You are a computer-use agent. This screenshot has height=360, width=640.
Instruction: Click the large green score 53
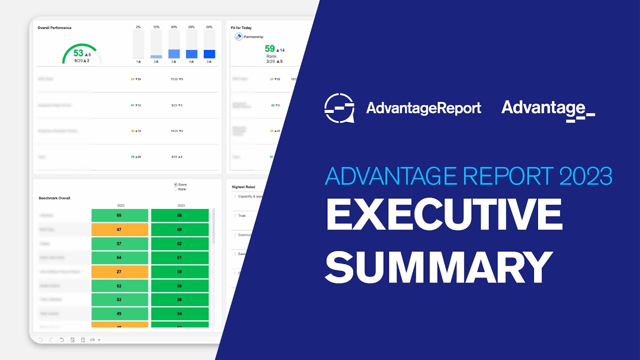point(78,53)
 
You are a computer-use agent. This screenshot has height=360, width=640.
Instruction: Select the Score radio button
point(175,184)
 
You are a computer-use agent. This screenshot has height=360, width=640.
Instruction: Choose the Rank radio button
point(175,189)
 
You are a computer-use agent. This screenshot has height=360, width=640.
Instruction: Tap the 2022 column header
point(120,205)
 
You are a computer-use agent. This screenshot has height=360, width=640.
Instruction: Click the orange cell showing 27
point(120,271)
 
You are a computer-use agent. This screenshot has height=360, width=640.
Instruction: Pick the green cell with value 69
point(120,215)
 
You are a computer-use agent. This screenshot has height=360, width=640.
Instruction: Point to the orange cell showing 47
point(120,229)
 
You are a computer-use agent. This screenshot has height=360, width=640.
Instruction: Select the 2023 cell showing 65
point(179,229)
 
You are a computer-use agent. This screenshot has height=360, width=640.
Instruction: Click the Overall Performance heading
point(54,28)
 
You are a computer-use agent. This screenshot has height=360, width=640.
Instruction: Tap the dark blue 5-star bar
point(209,54)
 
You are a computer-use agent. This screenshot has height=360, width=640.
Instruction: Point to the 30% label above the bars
point(174,26)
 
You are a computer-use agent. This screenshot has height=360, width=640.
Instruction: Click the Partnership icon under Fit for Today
point(239,37)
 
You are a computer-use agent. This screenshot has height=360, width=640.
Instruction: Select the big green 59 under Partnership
point(270,48)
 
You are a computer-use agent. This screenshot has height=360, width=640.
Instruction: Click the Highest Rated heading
point(243,187)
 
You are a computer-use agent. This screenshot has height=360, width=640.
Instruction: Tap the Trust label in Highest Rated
point(242,215)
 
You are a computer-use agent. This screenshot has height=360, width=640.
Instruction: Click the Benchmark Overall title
point(54,198)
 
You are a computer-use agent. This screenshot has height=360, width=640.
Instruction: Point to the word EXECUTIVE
point(444,215)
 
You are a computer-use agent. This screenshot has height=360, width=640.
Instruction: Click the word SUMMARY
point(439,267)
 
